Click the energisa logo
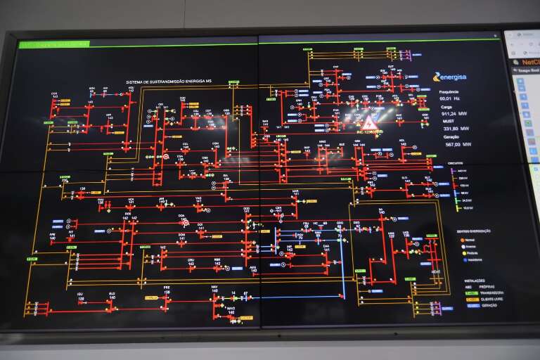pyautogui.click(x=449, y=77)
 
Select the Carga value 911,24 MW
pyautogui.click(x=454, y=113)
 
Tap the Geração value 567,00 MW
pyautogui.click(x=457, y=144)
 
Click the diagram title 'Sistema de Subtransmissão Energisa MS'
pyautogui.click(x=169, y=82)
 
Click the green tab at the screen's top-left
pyautogui.click(x=53, y=44)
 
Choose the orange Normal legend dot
pyautogui.click(x=463, y=240)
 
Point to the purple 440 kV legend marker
pyautogui.click(x=458, y=171)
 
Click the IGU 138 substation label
pyautogui.click(x=81, y=296)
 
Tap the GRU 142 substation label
pyautogui.click(x=191, y=261)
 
